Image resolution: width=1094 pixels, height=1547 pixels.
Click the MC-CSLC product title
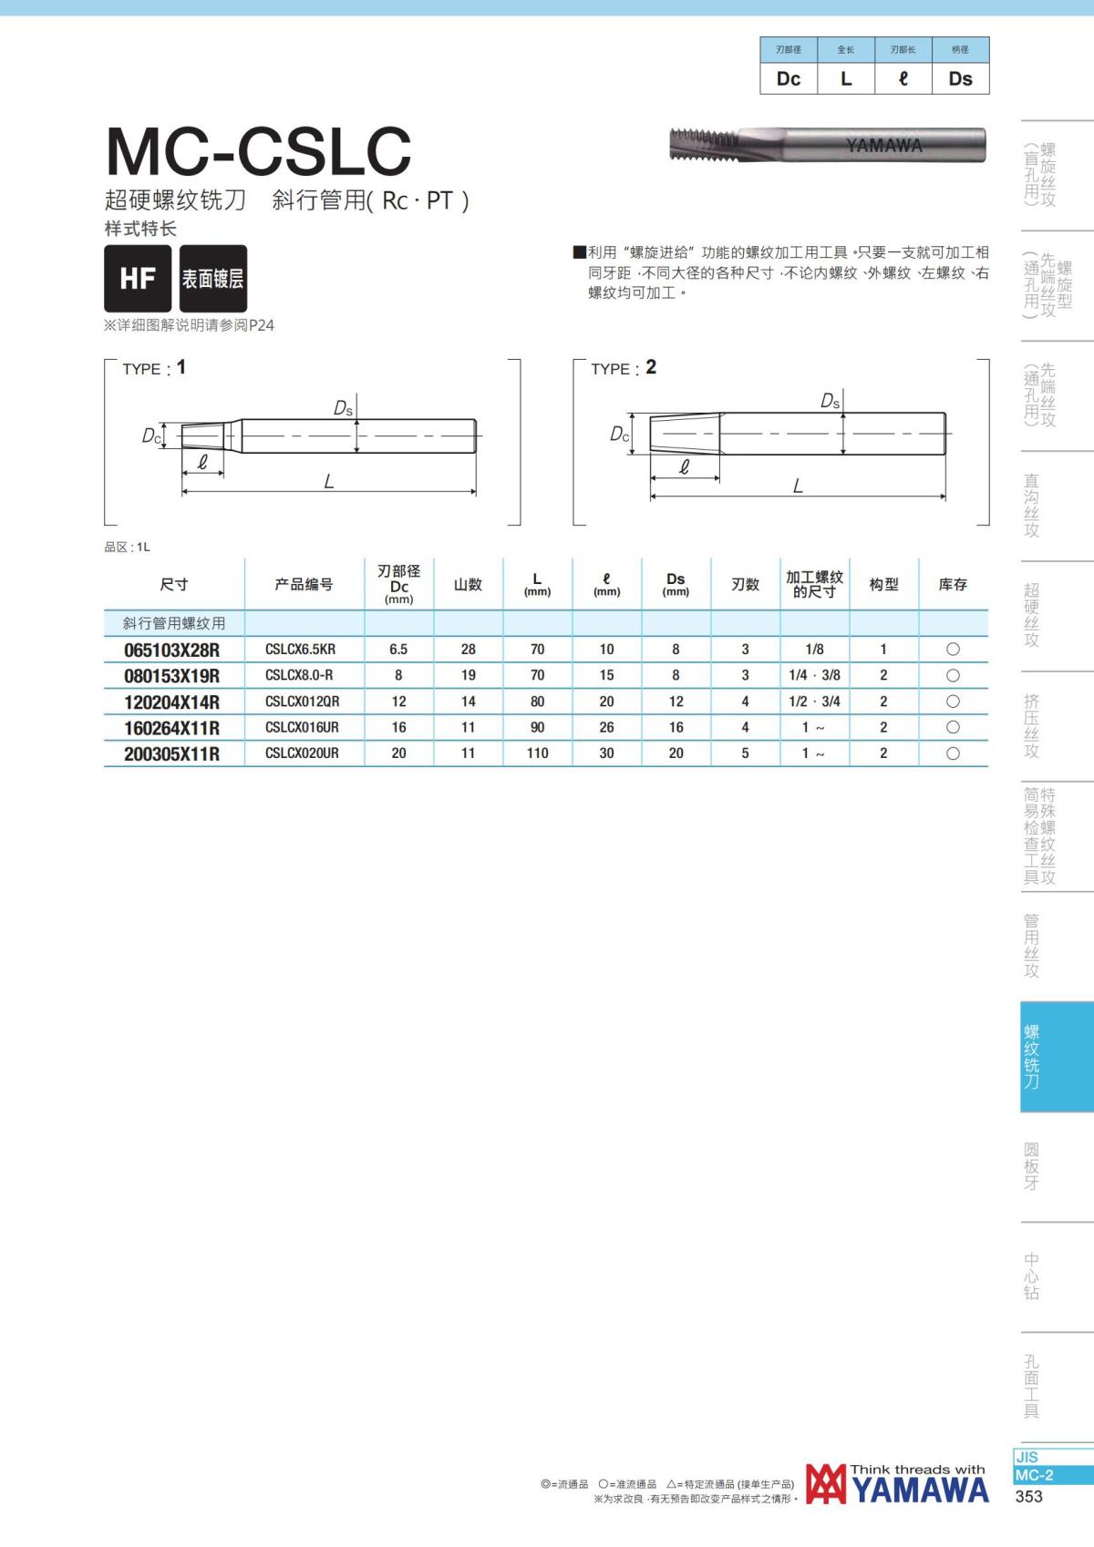(x=259, y=151)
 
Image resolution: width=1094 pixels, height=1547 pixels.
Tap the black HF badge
(x=138, y=279)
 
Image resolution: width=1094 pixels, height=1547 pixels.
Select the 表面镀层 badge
(x=212, y=279)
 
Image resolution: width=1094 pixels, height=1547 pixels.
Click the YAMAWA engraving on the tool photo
(x=883, y=146)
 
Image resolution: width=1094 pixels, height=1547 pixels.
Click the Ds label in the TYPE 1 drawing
(x=343, y=408)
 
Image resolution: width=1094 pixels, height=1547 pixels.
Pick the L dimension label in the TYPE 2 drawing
(x=798, y=487)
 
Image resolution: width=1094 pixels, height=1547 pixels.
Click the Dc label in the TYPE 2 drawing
(x=620, y=435)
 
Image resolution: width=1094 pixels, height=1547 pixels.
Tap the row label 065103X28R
(x=171, y=650)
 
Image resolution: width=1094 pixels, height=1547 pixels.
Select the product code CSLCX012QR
(x=302, y=702)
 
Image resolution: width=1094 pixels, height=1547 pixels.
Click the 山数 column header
(x=468, y=584)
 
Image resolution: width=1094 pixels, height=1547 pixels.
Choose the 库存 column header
(x=953, y=584)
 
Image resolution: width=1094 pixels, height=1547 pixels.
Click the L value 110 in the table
(x=537, y=753)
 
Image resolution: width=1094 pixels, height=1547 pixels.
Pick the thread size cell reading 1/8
(x=814, y=650)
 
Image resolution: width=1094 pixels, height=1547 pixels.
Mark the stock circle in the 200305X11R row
(x=953, y=753)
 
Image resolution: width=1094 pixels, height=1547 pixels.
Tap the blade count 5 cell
(x=745, y=753)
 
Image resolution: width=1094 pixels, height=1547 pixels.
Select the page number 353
(x=1028, y=1496)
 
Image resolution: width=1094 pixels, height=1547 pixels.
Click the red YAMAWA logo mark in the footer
(x=825, y=1485)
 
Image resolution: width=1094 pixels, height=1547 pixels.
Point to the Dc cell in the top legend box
(x=789, y=78)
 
